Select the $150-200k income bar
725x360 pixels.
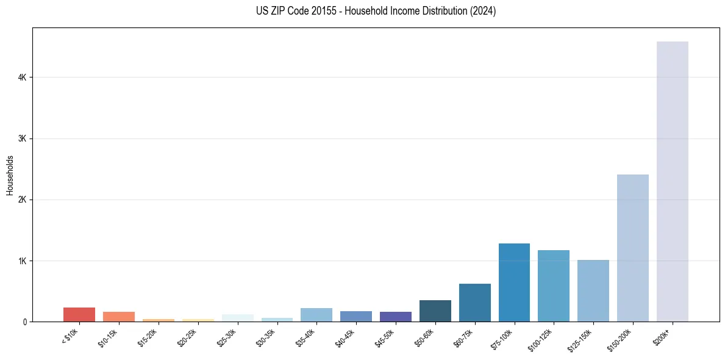click(x=632, y=248)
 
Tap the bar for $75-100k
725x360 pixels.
click(x=514, y=283)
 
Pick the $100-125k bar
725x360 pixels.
click(x=554, y=286)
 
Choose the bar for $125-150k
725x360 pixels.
click(x=593, y=290)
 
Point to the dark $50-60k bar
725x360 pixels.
click(x=435, y=311)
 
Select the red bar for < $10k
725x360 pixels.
click(x=79, y=314)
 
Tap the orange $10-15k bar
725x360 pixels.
click(x=119, y=317)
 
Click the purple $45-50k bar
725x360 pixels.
click(x=396, y=317)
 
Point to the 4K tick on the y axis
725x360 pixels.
click(x=22, y=77)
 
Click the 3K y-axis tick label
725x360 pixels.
click(x=22, y=139)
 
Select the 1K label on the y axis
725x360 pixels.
click(x=22, y=261)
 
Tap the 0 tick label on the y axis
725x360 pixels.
click(x=24, y=322)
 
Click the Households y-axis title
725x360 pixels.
click(x=10, y=175)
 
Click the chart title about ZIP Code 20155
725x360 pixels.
click(x=376, y=11)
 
